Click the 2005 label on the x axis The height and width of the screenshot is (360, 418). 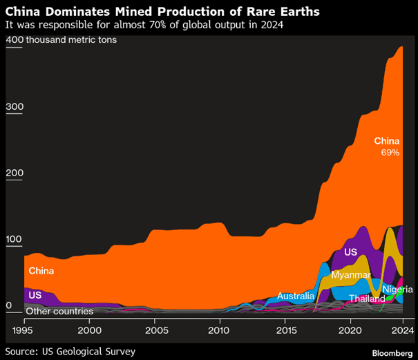[155, 330]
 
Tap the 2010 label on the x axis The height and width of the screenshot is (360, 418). [220, 330]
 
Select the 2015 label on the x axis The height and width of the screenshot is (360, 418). [286, 330]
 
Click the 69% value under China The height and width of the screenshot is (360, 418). [390, 152]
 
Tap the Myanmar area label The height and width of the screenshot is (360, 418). [351, 275]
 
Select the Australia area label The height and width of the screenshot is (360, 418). [296, 296]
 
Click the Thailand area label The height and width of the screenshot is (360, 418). [366, 299]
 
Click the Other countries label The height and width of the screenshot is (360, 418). [59, 311]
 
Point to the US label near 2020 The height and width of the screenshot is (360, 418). [350, 253]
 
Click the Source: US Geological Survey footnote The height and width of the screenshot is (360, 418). [70, 351]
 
